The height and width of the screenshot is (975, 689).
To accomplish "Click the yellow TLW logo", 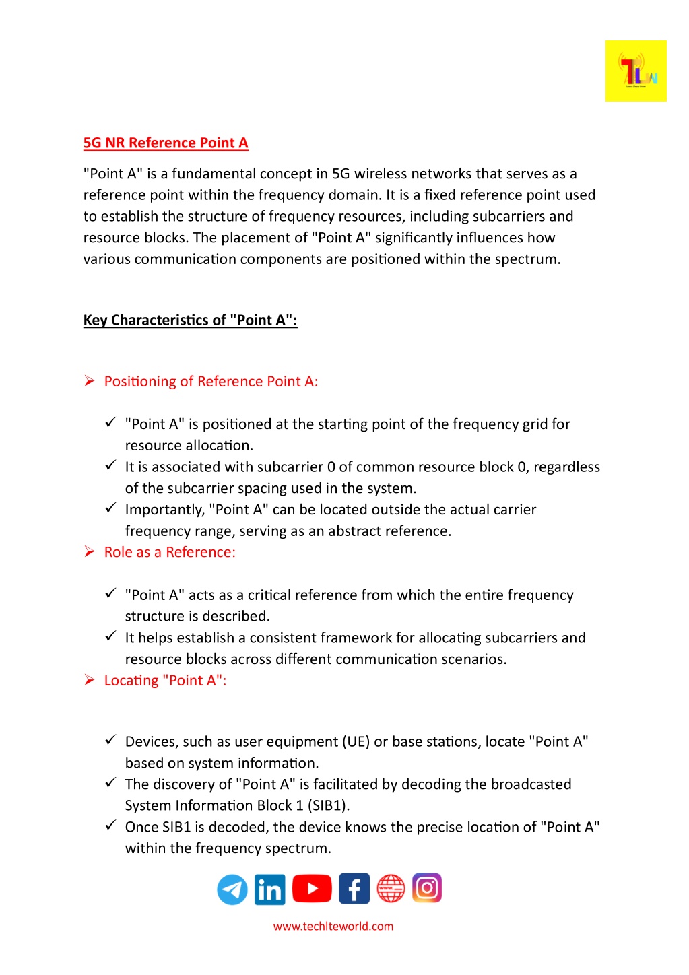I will tap(635, 71).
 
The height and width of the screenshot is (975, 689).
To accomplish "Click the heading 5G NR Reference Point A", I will tap(166, 143).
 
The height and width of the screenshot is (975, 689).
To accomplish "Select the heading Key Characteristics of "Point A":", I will tap(190, 320).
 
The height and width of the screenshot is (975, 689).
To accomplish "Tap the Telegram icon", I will tap(232, 889).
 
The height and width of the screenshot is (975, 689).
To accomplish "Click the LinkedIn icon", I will tap(270, 889).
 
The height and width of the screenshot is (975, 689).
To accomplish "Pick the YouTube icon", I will tap(312, 888).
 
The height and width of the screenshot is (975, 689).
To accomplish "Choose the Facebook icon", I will tap(354, 888).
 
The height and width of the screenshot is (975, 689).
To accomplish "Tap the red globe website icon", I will tap(391, 888).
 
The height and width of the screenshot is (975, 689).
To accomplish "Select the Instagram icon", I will tap(427, 887).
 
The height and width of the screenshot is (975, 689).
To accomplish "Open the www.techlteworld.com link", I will tap(333, 926).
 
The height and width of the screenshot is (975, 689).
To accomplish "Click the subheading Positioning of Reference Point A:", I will tap(211, 382).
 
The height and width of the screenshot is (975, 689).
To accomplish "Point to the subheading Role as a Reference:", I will tap(170, 552).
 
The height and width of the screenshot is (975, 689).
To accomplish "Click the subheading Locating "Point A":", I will tap(165, 681).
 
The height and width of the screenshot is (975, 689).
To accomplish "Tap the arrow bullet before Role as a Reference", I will tap(90, 552).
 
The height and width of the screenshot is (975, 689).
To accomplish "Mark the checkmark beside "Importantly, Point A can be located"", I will tap(111, 508).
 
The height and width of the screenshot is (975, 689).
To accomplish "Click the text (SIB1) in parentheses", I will tap(329, 805).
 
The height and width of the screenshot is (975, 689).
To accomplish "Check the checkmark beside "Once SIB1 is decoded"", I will tap(111, 826).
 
